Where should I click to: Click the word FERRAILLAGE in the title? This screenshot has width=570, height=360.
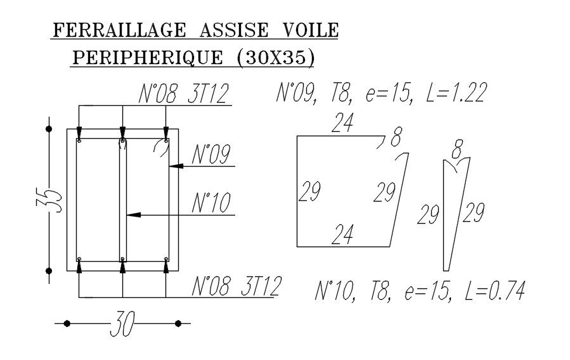(x=120, y=30)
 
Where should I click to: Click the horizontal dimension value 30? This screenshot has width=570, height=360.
(x=122, y=325)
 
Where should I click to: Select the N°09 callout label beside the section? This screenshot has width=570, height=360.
(x=211, y=154)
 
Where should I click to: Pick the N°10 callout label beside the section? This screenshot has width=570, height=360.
(x=211, y=203)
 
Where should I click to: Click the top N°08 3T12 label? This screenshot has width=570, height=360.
(x=183, y=94)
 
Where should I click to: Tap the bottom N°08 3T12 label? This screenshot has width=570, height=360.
(x=236, y=286)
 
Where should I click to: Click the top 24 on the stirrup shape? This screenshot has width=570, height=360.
(x=342, y=123)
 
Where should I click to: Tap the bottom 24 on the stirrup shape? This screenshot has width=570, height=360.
(x=342, y=235)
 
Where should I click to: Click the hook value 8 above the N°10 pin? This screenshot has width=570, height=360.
(x=457, y=151)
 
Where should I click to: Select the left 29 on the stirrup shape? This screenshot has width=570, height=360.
(x=309, y=191)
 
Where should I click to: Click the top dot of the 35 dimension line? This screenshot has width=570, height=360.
(x=49, y=129)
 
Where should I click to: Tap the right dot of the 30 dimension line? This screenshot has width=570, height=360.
(x=178, y=324)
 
